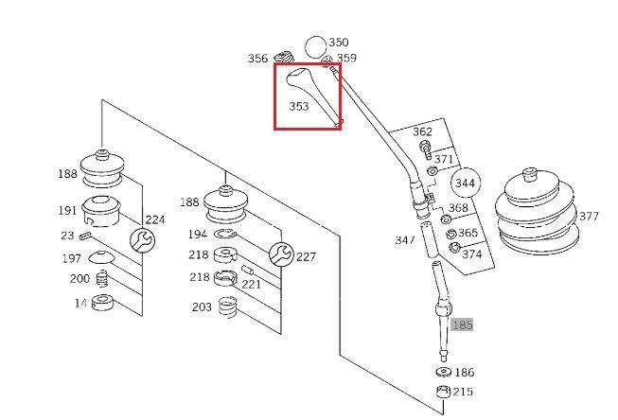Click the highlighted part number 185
[x=462, y=324]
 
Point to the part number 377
[x=589, y=217]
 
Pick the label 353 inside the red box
[x=299, y=107]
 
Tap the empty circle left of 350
[x=315, y=45]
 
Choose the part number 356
[x=258, y=59]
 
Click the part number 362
[x=422, y=131]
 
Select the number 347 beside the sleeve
[x=404, y=240]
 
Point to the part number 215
[x=464, y=392]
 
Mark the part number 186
[x=464, y=374]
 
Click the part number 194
[x=197, y=233]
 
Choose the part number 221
[x=251, y=284]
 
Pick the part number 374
[x=471, y=254]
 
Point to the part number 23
[x=67, y=236]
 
